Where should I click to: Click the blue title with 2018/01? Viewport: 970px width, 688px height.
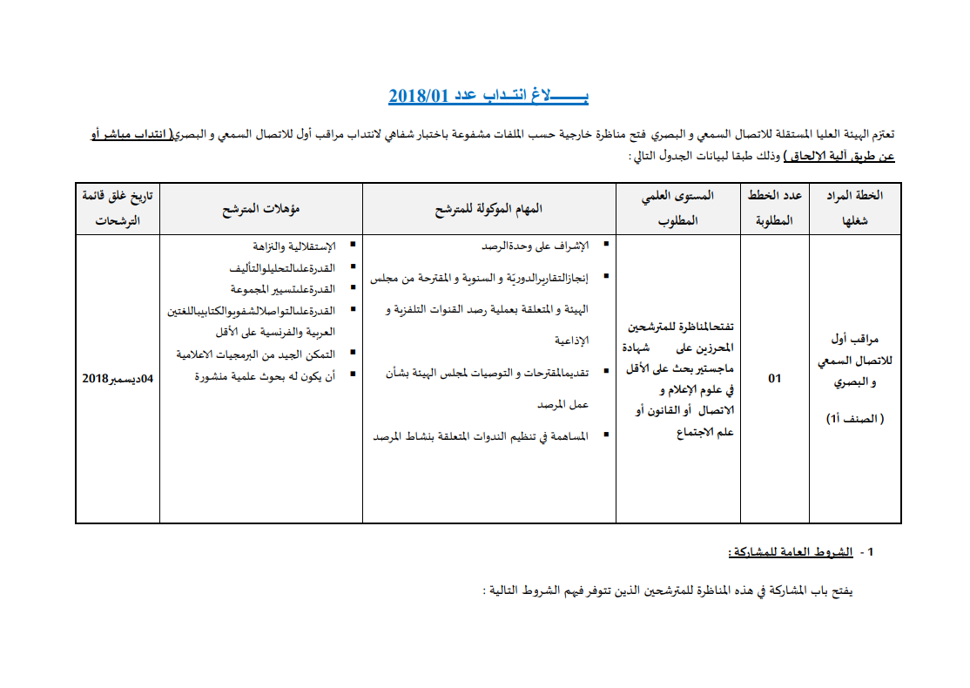[488, 95]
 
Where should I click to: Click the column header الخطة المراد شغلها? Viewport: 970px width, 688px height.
[855, 208]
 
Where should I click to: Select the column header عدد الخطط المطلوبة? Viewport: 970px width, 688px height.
[775, 208]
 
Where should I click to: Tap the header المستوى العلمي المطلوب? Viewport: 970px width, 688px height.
[678, 208]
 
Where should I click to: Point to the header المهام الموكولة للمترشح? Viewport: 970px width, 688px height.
[489, 209]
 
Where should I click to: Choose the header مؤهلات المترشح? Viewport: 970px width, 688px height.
[260, 209]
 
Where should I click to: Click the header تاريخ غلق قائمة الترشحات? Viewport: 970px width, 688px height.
[118, 208]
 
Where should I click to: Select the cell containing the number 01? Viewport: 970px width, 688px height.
[775, 379]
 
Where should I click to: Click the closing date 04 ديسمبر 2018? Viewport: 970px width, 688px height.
[118, 379]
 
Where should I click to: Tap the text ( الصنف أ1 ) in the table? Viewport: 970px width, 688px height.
[855, 419]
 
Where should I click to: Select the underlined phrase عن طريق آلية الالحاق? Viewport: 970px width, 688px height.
[839, 157]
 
